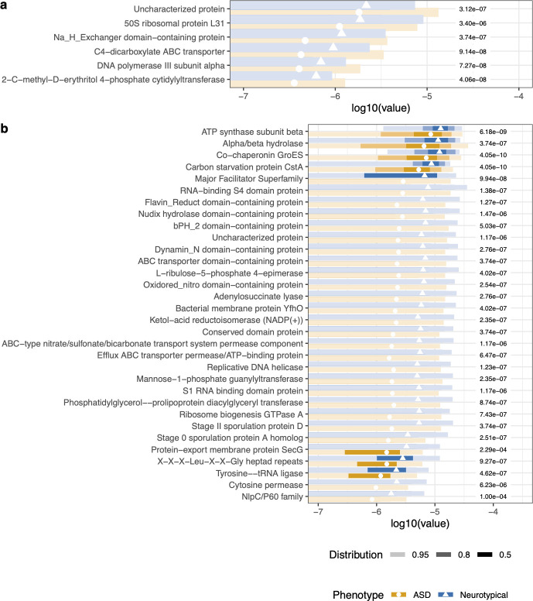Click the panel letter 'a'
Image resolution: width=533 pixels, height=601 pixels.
click(x=5, y=5)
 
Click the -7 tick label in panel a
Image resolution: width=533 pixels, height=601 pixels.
click(x=244, y=94)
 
